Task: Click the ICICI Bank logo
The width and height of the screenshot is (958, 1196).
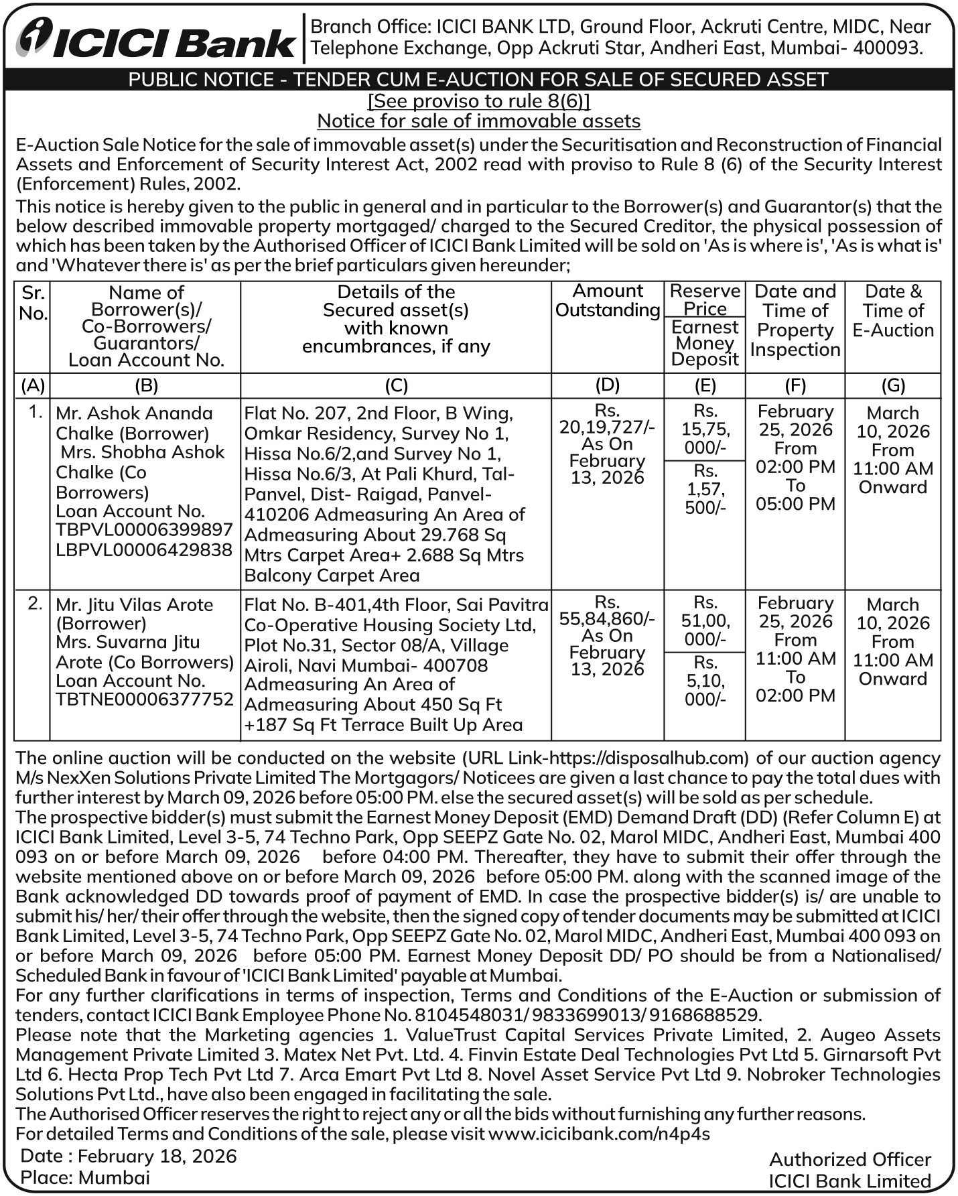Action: pos(155,39)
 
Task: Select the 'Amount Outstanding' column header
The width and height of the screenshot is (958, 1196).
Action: pos(608,300)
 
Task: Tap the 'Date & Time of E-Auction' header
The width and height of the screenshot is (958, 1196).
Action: pos(893,311)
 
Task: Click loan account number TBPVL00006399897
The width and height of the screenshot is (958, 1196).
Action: pos(144,530)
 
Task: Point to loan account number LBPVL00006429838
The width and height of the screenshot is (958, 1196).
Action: pos(144,550)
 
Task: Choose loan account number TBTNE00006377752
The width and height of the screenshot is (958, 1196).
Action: pos(144,700)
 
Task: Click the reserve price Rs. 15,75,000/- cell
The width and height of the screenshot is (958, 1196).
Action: pos(705,429)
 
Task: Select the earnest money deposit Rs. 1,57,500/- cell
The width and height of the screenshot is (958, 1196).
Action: pos(705,489)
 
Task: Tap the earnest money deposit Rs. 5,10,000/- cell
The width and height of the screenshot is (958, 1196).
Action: pos(705,681)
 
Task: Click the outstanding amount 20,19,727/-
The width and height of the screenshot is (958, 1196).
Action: pos(607,427)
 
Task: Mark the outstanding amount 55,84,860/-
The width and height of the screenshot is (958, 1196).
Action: pos(607,618)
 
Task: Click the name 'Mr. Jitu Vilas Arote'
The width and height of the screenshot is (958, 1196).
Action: pos(134,605)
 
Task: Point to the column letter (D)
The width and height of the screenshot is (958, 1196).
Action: pos(607,385)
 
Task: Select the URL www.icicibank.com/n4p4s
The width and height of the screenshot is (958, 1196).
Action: pos(599,1134)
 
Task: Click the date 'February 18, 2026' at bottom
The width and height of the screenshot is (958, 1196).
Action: pos(157,1156)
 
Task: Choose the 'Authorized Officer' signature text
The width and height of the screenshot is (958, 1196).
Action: pos(849,1160)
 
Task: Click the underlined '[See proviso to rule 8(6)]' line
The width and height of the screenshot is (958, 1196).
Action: pos(479,101)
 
